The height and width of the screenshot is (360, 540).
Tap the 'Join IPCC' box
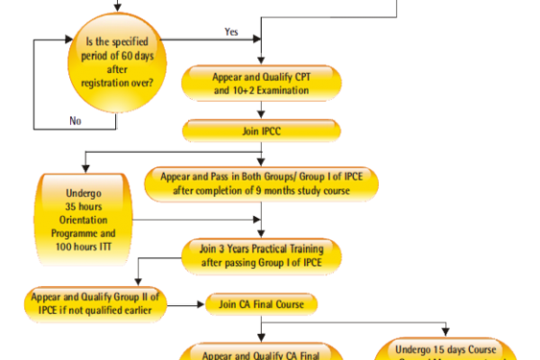(261, 131)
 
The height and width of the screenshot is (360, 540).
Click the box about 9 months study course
(261, 184)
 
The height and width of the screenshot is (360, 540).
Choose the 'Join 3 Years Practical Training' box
(261, 256)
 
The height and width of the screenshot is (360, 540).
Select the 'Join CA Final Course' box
(261, 304)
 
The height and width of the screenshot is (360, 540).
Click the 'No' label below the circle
(76, 119)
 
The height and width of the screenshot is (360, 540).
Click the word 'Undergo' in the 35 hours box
(87, 191)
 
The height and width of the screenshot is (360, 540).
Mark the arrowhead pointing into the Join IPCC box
(261, 116)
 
